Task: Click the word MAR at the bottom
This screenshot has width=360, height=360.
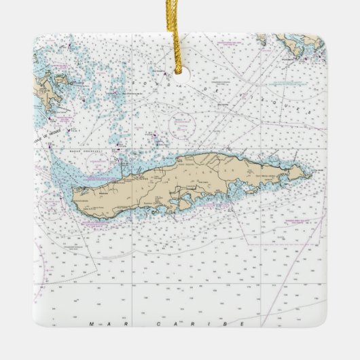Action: [x=98, y=325]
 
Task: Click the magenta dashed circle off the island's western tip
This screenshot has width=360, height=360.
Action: [x=52, y=201]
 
